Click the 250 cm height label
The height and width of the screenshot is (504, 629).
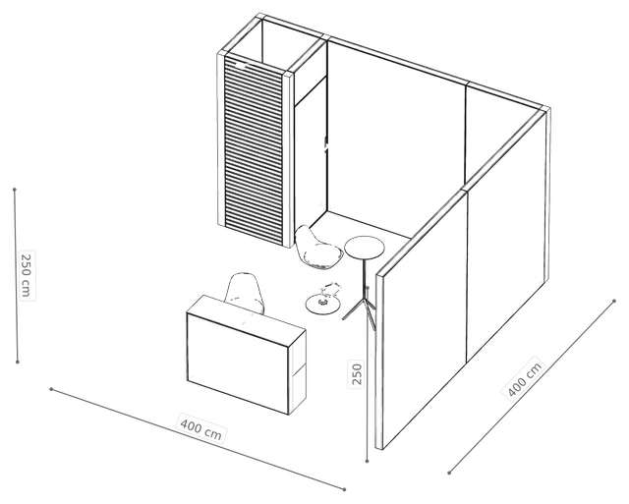[27, 275]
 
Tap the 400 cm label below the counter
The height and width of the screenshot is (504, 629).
[200, 429]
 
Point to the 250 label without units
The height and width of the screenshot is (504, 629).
[357, 373]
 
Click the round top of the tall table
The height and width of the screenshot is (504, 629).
[365, 248]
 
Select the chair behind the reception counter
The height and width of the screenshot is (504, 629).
[245, 292]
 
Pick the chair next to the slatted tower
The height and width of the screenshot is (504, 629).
[317, 248]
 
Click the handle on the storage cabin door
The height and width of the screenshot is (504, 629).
[325, 143]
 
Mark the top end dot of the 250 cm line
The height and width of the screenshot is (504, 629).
[15, 190]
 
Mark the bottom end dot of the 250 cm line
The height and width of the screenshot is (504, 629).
[18, 363]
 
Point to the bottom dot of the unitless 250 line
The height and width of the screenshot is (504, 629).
[367, 462]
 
